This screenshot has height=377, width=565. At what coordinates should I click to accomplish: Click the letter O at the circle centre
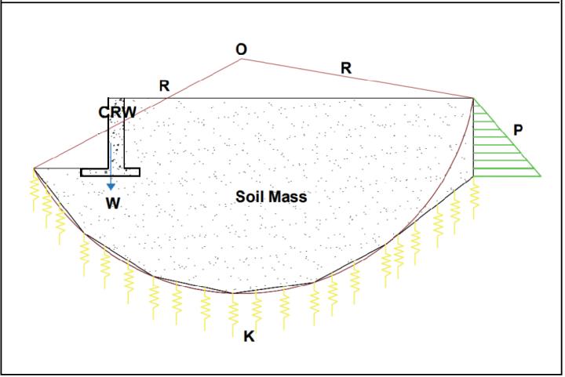point(241,49)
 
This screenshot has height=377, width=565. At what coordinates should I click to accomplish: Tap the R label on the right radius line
point(346,69)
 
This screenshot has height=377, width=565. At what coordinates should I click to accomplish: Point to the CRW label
point(117,112)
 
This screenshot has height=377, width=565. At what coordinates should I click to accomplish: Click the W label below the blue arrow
point(113,203)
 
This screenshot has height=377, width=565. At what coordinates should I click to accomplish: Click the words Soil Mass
point(272,197)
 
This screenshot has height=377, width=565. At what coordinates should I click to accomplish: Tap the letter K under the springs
point(249,337)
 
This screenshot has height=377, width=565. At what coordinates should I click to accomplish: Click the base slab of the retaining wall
point(110,172)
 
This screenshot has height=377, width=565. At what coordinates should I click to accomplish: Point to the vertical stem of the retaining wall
point(116,133)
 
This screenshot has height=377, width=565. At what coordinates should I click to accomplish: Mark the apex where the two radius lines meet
point(241,59)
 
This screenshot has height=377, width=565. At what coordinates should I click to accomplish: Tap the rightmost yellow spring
point(474,192)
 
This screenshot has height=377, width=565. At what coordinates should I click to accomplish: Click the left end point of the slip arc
point(35,168)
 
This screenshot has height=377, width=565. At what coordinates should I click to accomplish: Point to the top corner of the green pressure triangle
point(474,99)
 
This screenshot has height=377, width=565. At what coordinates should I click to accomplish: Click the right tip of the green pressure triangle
point(541,174)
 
